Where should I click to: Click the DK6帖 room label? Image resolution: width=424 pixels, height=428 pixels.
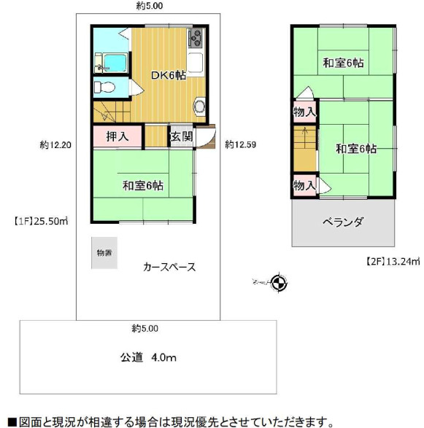pos(168,74)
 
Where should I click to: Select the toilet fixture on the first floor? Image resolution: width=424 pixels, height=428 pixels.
pos(105,87)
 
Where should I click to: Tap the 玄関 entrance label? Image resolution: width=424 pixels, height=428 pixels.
pos(180,136)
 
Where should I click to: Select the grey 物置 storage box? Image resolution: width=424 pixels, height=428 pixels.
pos(104,253)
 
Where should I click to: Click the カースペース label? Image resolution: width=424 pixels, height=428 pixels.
pos(169,267)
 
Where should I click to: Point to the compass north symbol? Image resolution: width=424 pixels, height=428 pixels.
pos(277,281)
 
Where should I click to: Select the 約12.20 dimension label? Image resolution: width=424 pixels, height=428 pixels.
pos(55,145)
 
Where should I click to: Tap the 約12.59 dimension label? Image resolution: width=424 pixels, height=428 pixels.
pos(240,144)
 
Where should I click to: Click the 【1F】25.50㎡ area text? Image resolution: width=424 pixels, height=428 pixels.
pos(40,219)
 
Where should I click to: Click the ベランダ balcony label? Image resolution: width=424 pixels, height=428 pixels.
pos(343,222)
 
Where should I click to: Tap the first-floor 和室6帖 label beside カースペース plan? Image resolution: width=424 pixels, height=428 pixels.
pos(143,186)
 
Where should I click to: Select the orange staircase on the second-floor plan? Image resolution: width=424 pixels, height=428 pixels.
pos(303,149)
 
